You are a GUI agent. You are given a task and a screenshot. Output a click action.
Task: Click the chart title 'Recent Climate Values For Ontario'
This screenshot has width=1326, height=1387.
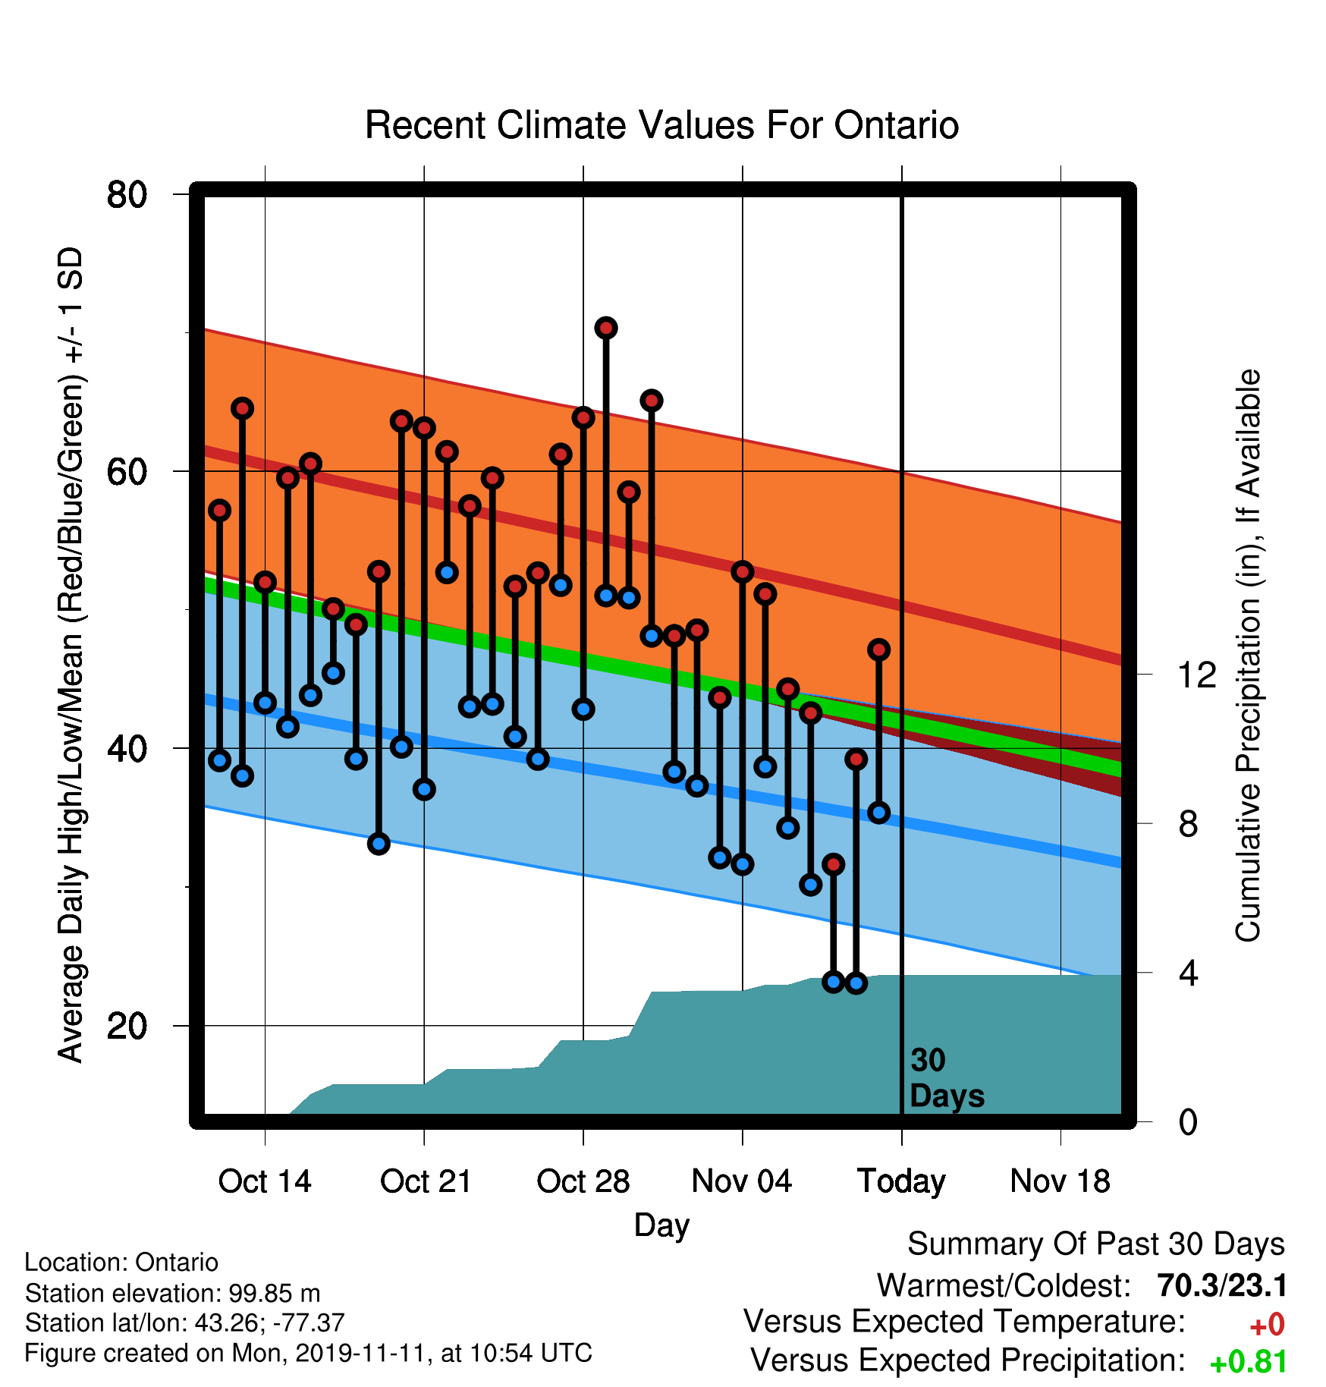(661, 125)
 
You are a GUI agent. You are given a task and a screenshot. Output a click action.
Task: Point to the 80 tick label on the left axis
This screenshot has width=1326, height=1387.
(127, 195)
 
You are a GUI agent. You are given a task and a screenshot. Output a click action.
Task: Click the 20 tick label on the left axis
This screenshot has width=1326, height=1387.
(127, 1027)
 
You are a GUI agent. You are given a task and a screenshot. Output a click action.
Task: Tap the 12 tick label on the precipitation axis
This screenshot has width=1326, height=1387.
(1196, 675)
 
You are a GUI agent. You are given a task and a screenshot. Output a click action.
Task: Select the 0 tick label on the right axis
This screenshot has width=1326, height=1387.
(1188, 1122)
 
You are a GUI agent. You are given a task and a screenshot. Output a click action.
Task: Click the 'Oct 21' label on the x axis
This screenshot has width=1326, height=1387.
(426, 1181)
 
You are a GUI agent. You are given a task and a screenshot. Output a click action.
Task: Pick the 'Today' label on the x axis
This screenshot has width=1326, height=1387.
(901, 1182)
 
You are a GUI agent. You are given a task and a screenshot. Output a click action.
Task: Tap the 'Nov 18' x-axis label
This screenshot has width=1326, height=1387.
(1060, 1181)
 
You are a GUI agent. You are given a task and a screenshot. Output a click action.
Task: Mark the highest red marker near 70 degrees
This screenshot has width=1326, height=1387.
(605, 328)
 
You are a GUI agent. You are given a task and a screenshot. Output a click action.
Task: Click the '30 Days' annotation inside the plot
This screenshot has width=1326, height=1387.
(947, 1078)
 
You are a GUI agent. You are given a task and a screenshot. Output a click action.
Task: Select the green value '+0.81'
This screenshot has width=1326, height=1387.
(1248, 1362)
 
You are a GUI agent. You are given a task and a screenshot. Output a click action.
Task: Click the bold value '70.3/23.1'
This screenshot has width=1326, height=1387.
(1222, 1286)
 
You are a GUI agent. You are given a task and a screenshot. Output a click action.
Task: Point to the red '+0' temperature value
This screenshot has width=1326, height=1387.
(1267, 1325)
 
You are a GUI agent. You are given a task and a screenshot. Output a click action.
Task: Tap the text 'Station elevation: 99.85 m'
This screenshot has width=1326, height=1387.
(172, 1293)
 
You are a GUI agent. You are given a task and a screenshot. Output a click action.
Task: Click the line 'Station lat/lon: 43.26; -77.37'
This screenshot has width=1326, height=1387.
(184, 1323)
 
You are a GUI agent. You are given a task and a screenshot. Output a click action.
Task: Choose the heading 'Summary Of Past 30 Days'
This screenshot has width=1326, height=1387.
(1096, 1245)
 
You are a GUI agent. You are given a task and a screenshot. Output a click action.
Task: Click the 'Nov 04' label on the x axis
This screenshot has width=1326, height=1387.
(742, 1181)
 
